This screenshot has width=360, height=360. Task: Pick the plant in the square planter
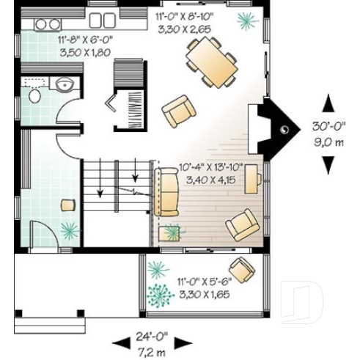[x=174, y=233]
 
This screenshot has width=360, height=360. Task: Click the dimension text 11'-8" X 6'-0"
[x=65, y=43]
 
